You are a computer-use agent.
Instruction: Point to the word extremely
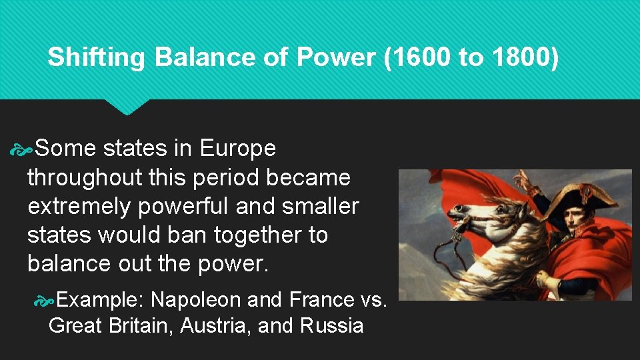click(79, 206)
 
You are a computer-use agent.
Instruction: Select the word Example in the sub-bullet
click(101, 299)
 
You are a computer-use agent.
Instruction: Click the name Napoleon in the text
click(195, 299)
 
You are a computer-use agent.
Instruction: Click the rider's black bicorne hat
click(580, 196)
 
